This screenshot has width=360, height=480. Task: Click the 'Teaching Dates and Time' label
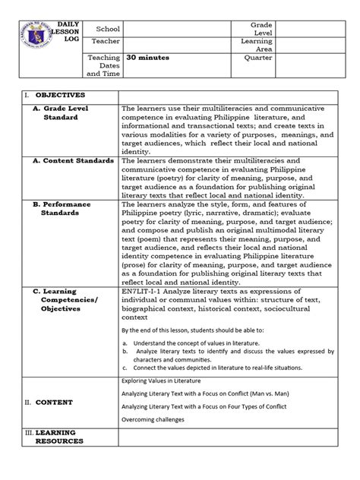point(103,67)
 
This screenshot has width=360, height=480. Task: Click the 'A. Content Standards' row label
point(73,162)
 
